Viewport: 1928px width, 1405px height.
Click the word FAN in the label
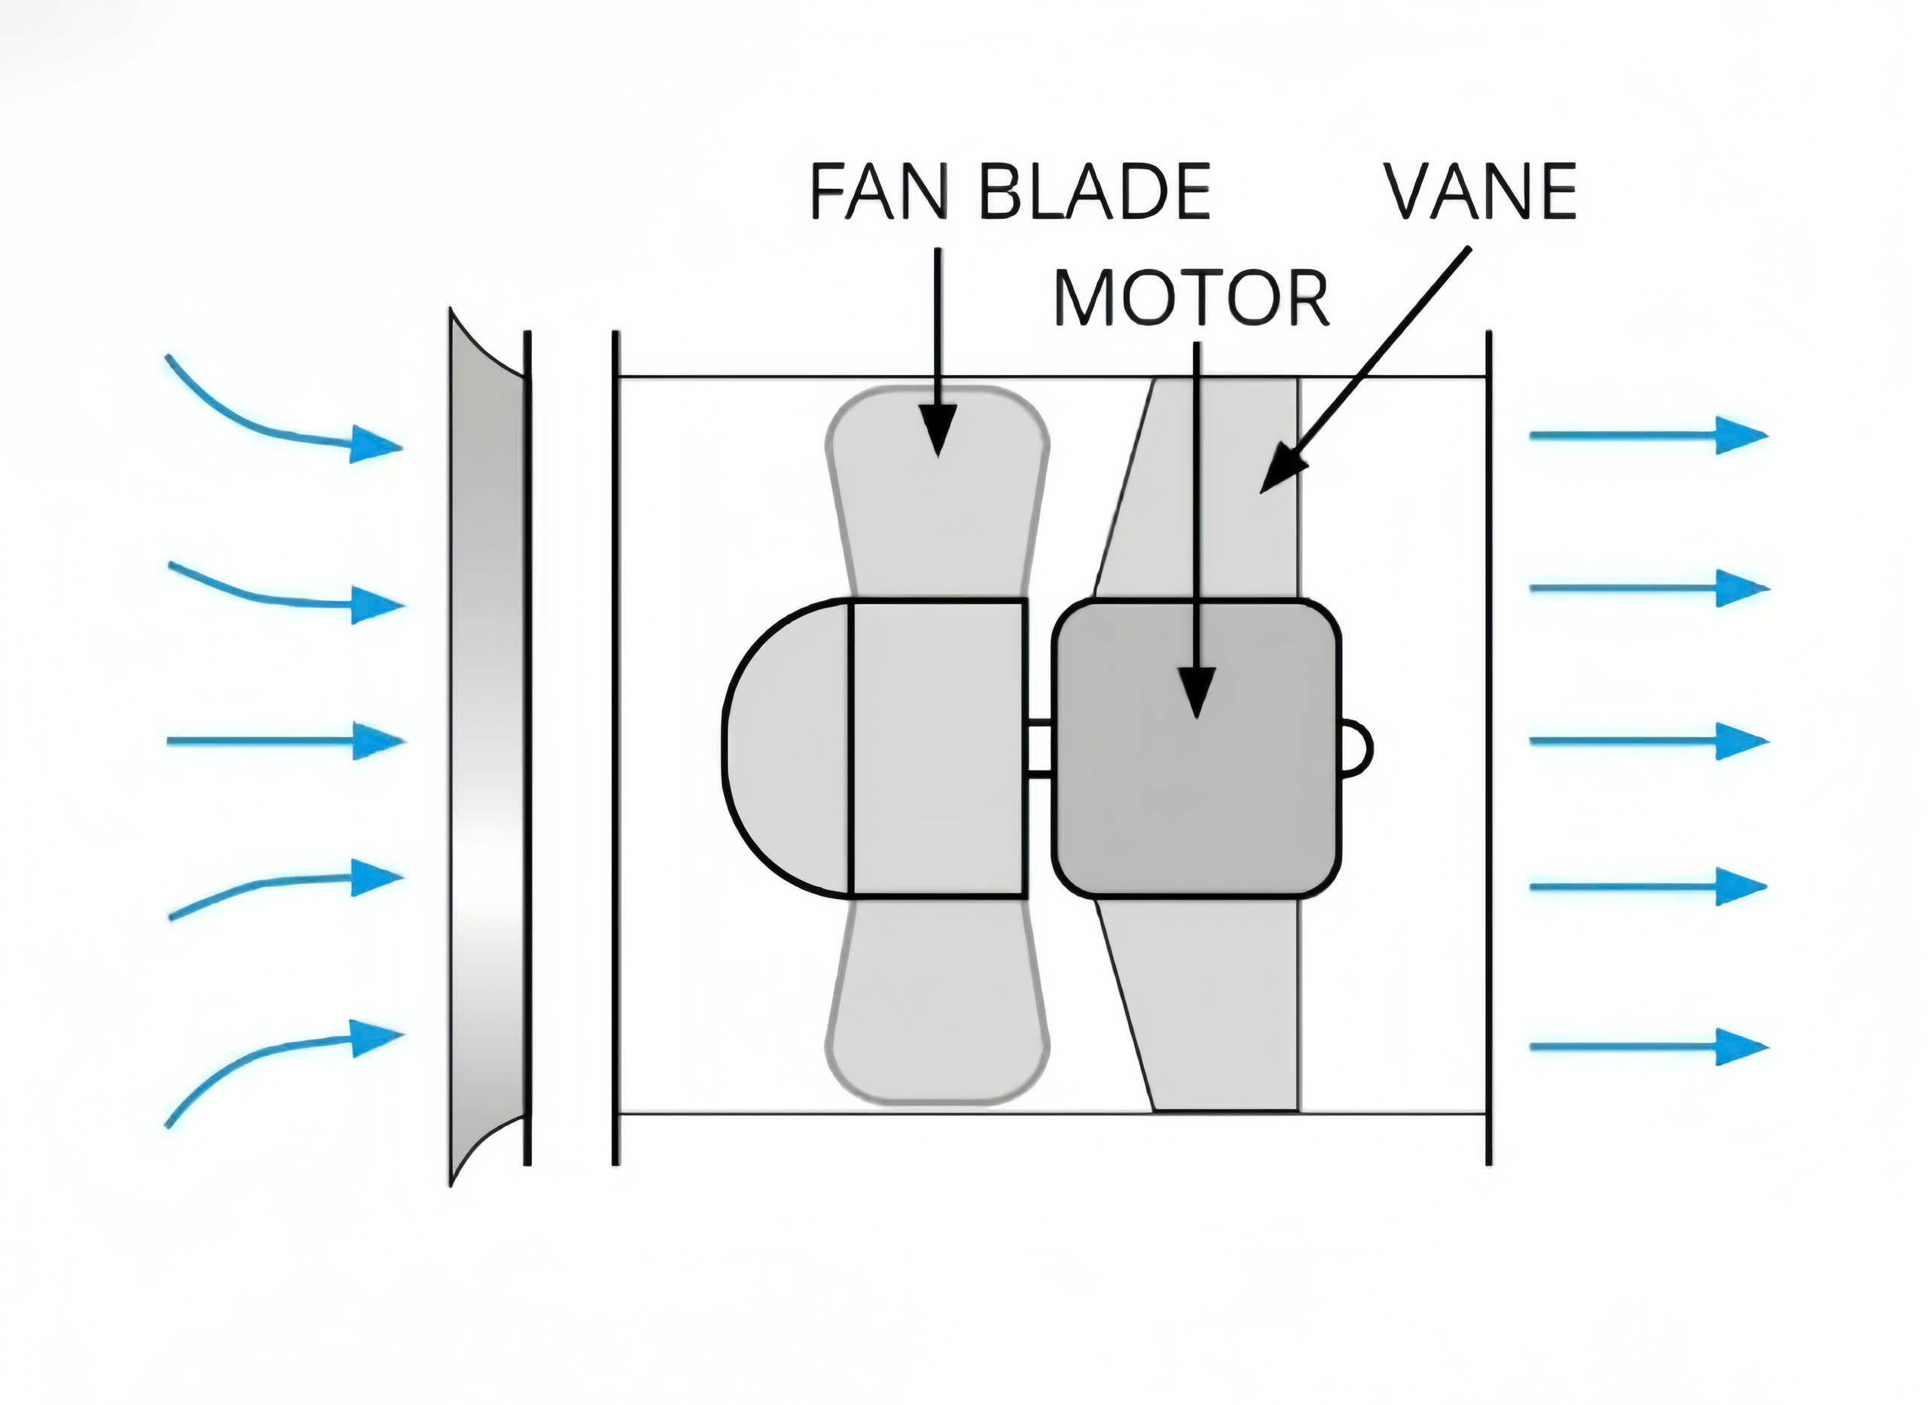(x=879, y=191)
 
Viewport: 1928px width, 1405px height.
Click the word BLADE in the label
(x=1094, y=191)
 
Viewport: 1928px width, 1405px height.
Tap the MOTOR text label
(x=1191, y=300)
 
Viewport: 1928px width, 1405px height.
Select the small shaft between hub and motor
(x=1039, y=748)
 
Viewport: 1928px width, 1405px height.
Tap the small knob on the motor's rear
(x=1356, y=748)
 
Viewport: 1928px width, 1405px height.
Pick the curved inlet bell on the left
(x=485, y=748)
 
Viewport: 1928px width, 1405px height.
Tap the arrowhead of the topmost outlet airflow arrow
(x=1739, y=435)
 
